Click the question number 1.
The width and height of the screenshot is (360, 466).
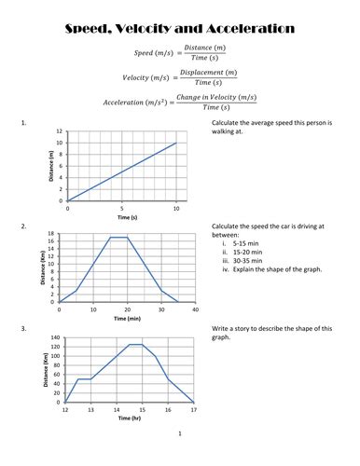pyautogui.click(x=21, y=123)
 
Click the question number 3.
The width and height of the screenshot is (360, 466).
pyautogui.click(x=21, y=329)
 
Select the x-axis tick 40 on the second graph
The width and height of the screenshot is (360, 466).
pyautogui.click(x=196, y=309)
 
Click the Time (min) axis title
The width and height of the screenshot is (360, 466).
pyautogui.click(x=128, y=319)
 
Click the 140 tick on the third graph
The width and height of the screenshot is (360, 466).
pyautogui.click(x=54, y=337)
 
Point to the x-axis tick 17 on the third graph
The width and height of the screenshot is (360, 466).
pyautogui.click(x=193, y=409)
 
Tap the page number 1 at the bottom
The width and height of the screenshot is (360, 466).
pyautogui.click(x=180, y=434)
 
